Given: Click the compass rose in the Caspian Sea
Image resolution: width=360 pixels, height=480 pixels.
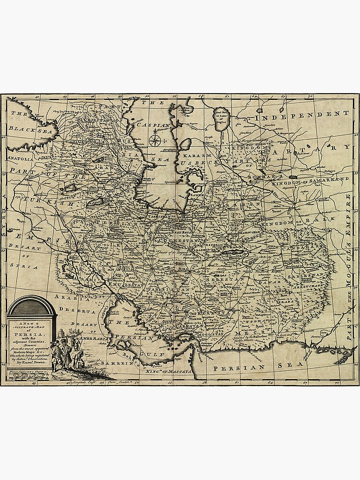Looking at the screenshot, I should pos(155,140).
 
